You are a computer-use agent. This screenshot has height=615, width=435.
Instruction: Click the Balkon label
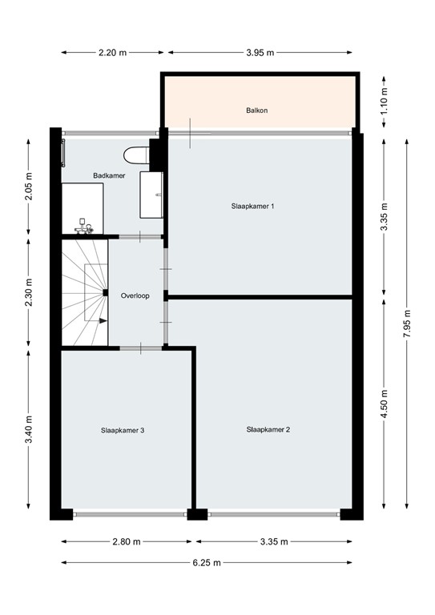(x=256, y=111)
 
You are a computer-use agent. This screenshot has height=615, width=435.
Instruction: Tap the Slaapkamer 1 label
(x=252, y=206)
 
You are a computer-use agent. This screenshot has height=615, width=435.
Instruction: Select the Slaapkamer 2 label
(x=268, y=429)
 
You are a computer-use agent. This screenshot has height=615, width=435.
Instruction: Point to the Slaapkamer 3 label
(x=123, y=430)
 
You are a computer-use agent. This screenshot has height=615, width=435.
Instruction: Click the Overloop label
(x=135, y=295)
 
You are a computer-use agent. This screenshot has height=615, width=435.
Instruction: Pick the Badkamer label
(x=109, y=175)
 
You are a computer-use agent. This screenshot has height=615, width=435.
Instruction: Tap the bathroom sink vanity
(x=152, y=194)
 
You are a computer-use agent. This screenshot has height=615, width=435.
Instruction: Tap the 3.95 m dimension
(x=260, y=52)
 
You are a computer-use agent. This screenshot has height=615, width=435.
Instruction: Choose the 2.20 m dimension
(x=112, y=52)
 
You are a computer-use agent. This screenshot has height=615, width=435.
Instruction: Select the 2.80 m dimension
(x=126, y=541)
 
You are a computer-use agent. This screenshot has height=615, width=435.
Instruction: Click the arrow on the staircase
(x=102, y=320)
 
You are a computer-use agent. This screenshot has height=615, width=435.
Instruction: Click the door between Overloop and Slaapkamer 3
(x=141, y=348)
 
